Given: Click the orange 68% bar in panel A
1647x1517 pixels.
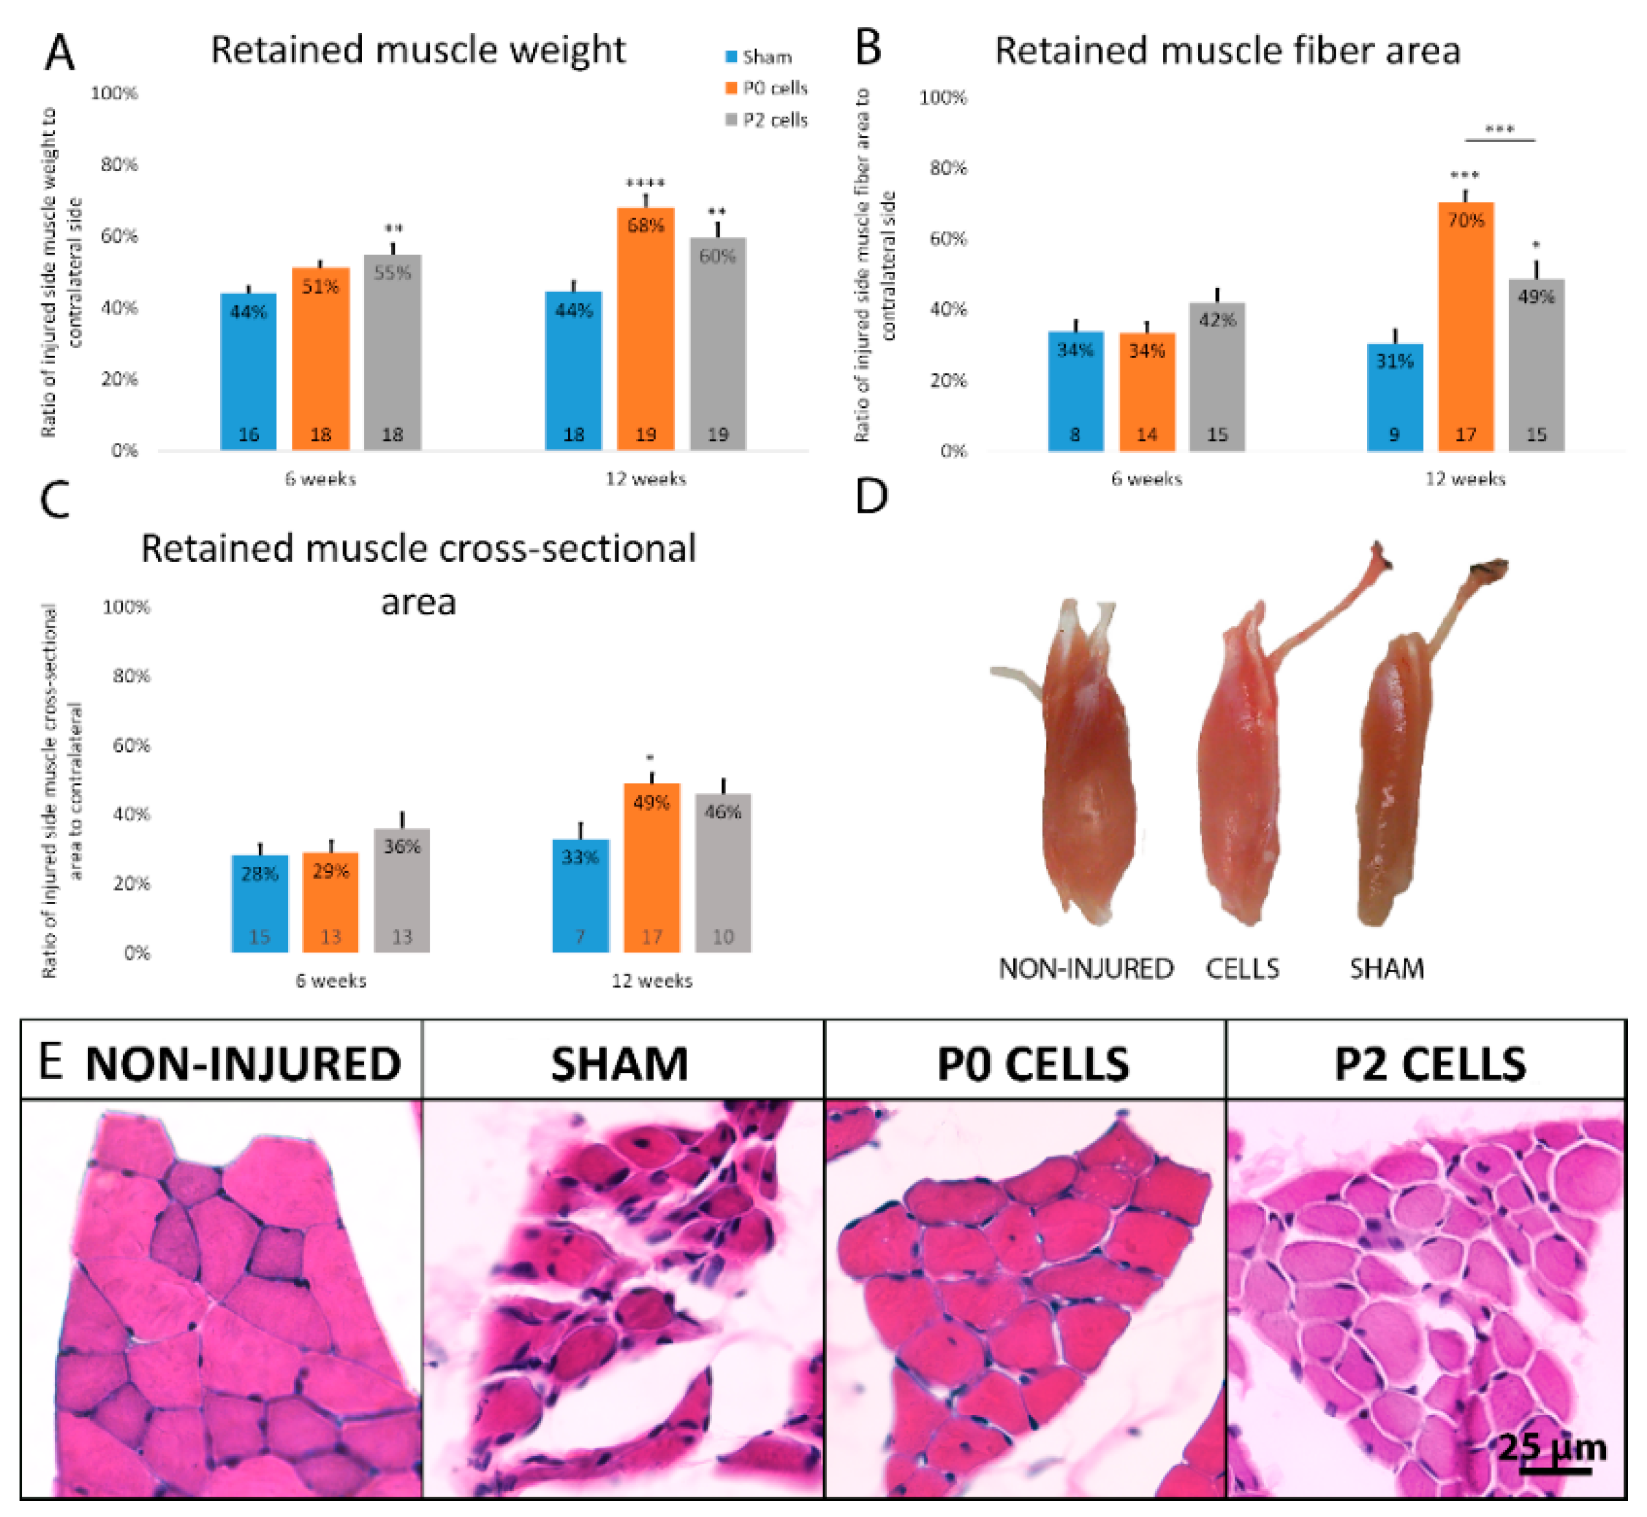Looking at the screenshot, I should tap(645, 329).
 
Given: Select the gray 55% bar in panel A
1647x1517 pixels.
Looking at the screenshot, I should tap(392, 353).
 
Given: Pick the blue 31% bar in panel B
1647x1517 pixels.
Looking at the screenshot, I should tap(1394, 397).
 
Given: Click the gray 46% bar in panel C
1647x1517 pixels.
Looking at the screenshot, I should tap(723, 873).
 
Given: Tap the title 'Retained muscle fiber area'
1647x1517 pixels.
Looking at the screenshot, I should tap(1227, 51).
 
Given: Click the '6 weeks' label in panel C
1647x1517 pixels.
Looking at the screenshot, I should tap(331, 980).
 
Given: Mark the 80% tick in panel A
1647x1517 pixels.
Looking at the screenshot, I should tap(120, 164).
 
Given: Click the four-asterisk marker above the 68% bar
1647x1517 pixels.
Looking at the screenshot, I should tap(645, 183).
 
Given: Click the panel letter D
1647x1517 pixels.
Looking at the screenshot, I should tap(872, 496).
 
